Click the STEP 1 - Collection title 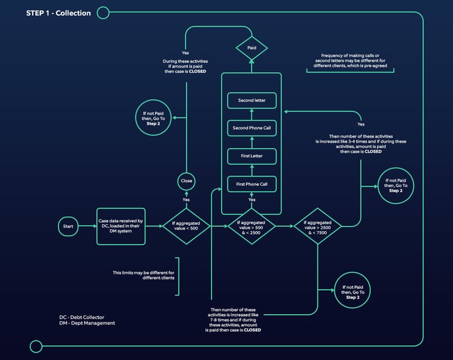point(58,13)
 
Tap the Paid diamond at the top point(251,47)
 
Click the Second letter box point(251,101)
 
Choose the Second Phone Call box point(251,128)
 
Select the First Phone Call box point(251,184)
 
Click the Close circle point(186,181)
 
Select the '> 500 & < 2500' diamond point(251,226)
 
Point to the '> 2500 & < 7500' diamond point(318,226)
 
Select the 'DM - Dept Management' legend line point(87,323)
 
